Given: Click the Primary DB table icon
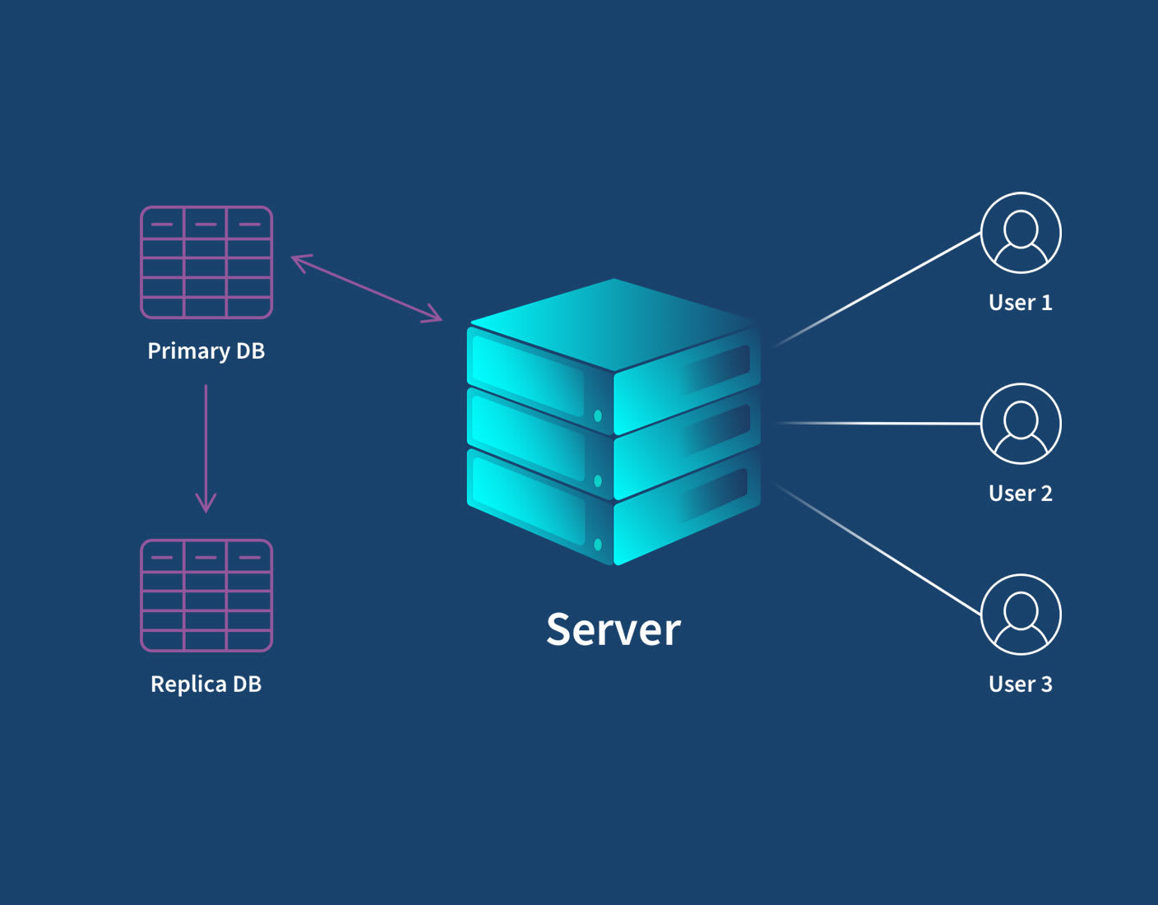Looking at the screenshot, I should [x=206, y=262].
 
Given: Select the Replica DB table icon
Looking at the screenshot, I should [x=206, y=596].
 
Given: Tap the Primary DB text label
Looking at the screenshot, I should [x=206, y=351].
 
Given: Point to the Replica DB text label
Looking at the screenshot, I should [x=206, y=685].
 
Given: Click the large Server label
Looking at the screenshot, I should [x=613, y=630].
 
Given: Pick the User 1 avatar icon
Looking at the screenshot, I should [x=1021, y=233].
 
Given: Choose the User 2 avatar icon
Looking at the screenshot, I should [x=1021, y=424].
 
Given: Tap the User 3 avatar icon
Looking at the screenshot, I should [x=1021, y=615].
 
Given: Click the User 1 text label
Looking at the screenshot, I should [x=1020, y=303].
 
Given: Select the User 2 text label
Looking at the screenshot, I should [x=1020, y=494].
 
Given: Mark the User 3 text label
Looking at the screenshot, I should [x=1020, y=685].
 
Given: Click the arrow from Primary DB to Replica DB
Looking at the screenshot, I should [x=206, y=448].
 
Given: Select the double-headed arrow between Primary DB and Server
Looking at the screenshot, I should [x=367, y=288].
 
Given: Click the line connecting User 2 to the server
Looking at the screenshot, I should [x=880, y=423].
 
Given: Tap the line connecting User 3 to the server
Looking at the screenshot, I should [x=880, y=550].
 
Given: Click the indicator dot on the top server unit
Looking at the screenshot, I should [x=598, y=416].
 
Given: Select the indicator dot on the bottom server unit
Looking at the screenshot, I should [x=598, y=545].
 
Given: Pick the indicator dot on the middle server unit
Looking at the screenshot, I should [x=598, y=480].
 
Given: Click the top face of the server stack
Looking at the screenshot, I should [x=614, y=323].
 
